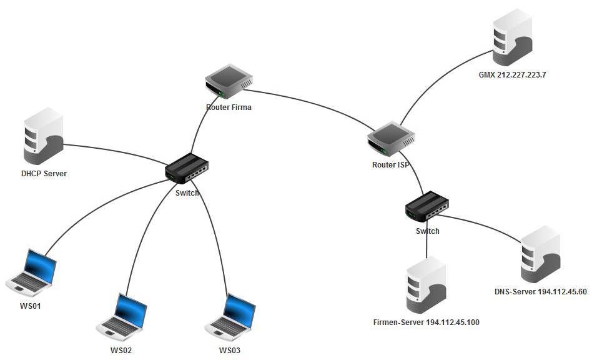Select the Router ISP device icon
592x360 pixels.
coord(391,138)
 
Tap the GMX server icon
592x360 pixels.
coord(511,38)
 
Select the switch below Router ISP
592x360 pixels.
coord(427,206)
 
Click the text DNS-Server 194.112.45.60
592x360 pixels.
coord(540,291)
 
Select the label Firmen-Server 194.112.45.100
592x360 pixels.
coord(426,322)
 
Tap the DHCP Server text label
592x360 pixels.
coord(44,173)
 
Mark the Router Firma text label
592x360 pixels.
coord(229,107)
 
